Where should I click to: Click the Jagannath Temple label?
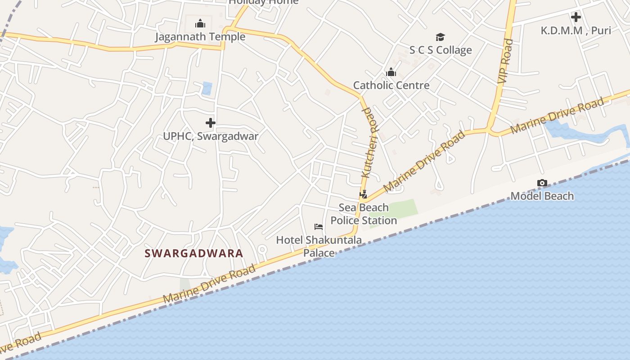(x=200, y=36)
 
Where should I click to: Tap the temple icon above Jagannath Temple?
(x=200, y=23)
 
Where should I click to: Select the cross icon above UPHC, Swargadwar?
(x=210, y=122)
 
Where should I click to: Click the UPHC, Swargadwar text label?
(x=210, y=136)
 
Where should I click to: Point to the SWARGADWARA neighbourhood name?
(x=193, y=253)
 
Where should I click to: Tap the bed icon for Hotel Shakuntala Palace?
(x=319, y=226)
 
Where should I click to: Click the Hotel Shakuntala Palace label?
(x=319, y=246)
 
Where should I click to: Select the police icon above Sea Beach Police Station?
(x=363, y=194)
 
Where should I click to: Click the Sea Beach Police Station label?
(x=364, y=214)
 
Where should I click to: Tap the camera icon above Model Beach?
(x=542, y=183)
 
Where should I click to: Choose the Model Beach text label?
(x=542, y=196)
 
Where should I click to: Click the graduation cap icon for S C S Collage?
(x=440, y=37)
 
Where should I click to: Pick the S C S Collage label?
(x=440, y=50)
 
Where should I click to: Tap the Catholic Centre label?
(x=391, y=85)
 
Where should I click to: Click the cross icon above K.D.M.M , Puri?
(x=576, y=17)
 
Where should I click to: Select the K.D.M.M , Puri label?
(x=576, y=31)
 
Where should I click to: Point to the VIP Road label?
(x=506, y=61)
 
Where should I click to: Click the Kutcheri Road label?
(x=370, y=143)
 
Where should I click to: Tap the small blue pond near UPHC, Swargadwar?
(x=207, y=88)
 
